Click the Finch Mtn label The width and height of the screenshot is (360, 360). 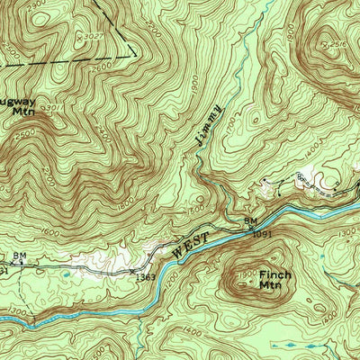click(x=270, y=279)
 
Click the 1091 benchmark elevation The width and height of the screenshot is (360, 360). click(x=262, y=232)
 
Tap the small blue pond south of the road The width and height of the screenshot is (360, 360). click(x=67, y=274)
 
